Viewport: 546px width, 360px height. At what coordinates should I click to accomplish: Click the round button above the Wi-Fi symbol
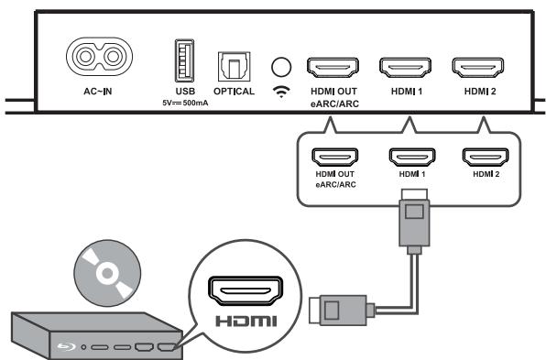click(283, 67)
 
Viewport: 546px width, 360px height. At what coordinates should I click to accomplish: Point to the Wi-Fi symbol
click(283, 93)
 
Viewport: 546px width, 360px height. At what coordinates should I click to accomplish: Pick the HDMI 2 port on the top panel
click(476, 68)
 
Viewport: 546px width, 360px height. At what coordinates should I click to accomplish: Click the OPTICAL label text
click(234, 93)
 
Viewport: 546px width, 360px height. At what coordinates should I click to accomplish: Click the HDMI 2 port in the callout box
click(484, 157)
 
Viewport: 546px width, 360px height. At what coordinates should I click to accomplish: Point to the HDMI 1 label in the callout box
click(409, 173)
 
